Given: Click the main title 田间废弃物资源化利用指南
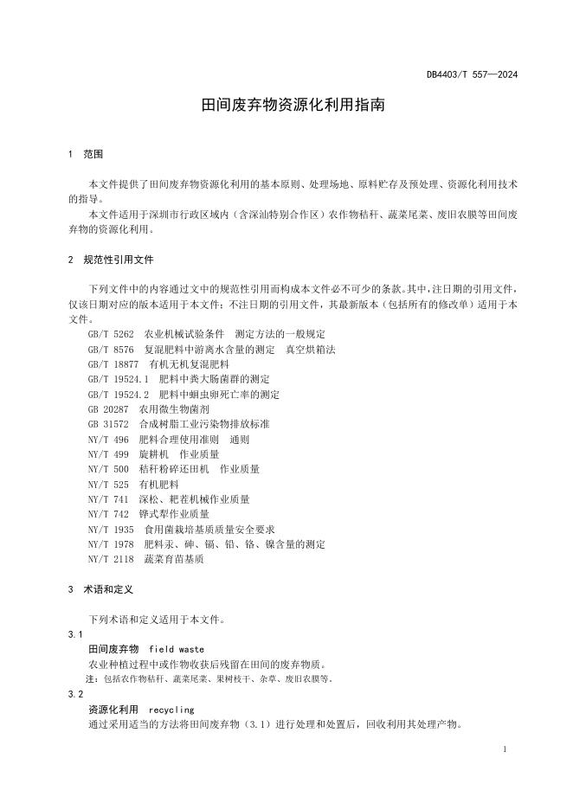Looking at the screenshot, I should point(286,106).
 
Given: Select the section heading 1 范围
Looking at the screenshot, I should point(86,154).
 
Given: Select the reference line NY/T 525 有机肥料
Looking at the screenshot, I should point(132,484).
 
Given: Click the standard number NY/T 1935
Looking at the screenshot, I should point(111,529).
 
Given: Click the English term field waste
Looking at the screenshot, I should point(177,649).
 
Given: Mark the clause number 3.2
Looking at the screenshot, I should point(75,694).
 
